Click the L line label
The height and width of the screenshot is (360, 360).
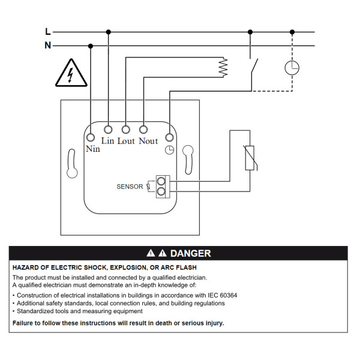click(x=48, y=31)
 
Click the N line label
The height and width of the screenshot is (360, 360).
click(x=48, y=45)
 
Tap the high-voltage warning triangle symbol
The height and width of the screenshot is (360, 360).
click(x=71, y=73)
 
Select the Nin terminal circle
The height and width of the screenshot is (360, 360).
click(x=91, y=137)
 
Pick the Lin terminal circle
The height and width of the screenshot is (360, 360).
click(x=108, y=130)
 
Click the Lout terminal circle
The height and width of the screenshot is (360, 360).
click(x=126, y=130)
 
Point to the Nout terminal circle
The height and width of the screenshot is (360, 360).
click(x=143, y=130)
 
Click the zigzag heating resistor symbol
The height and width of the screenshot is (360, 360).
click(x=223, y=67)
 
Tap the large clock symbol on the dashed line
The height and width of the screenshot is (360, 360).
click(x=292, y=68)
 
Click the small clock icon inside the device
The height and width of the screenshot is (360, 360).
click(x=169, y=150)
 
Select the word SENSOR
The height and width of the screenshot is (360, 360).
click(x=130, y=187)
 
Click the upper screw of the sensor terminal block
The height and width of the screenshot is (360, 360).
click(x=161, y=181)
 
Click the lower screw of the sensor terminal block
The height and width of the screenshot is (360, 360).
click(x=161, y=191)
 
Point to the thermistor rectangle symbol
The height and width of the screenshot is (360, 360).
click(x=250, y=158)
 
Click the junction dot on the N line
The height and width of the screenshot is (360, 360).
click(x=91, y=46)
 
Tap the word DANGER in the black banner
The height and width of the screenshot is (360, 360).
click(x=191, y=253)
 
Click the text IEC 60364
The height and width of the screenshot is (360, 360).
click(x=222, y=295)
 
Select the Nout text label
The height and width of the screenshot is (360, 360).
click(x=148, y=141)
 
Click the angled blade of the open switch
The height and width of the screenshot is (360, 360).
click(x=254, y=66)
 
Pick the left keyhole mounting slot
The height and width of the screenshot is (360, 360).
click(x=72, y=163)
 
